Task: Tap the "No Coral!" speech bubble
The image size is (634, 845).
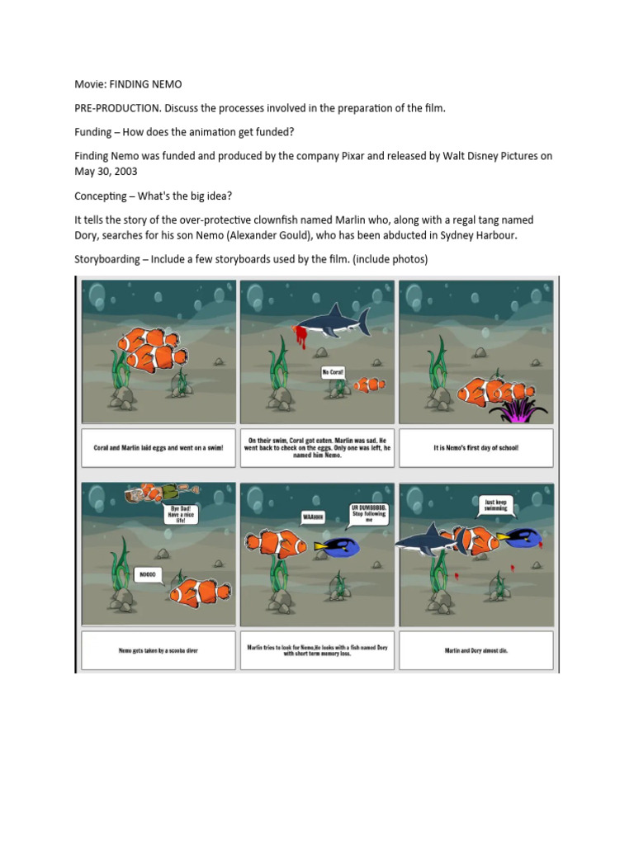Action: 333,373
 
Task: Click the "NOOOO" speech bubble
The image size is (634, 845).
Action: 147,574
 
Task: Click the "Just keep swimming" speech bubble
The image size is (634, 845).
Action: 493,505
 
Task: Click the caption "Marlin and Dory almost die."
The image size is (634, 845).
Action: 475,649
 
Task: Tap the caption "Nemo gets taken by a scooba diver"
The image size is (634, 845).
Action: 158,650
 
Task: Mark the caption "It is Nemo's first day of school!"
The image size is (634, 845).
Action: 475,448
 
